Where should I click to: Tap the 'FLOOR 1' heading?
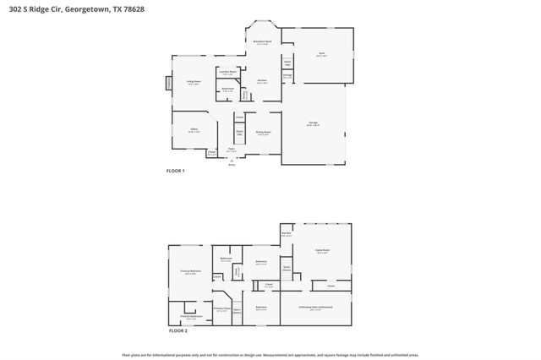[x=175, y=171]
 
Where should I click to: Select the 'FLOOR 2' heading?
[x=178, y=330]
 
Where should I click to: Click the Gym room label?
[x=321, y=54]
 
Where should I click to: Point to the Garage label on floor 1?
[x=313, y=123]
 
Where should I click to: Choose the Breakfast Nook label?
[x=262, y=42]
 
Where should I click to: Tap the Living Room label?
[x=193, y=83]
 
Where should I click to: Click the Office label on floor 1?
[x=194, y=130]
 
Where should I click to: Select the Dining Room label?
[x=263, y=133]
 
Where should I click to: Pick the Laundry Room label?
[x=227, y=73]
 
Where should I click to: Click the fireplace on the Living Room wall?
[x=167, y=83]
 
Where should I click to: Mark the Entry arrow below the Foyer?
[x=232, y=163]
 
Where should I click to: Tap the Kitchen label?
[x=262, y=81]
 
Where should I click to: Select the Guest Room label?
[x=322, y=251]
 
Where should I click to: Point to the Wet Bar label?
[x=287, y=234]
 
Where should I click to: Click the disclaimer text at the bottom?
[x=270, y=354]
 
